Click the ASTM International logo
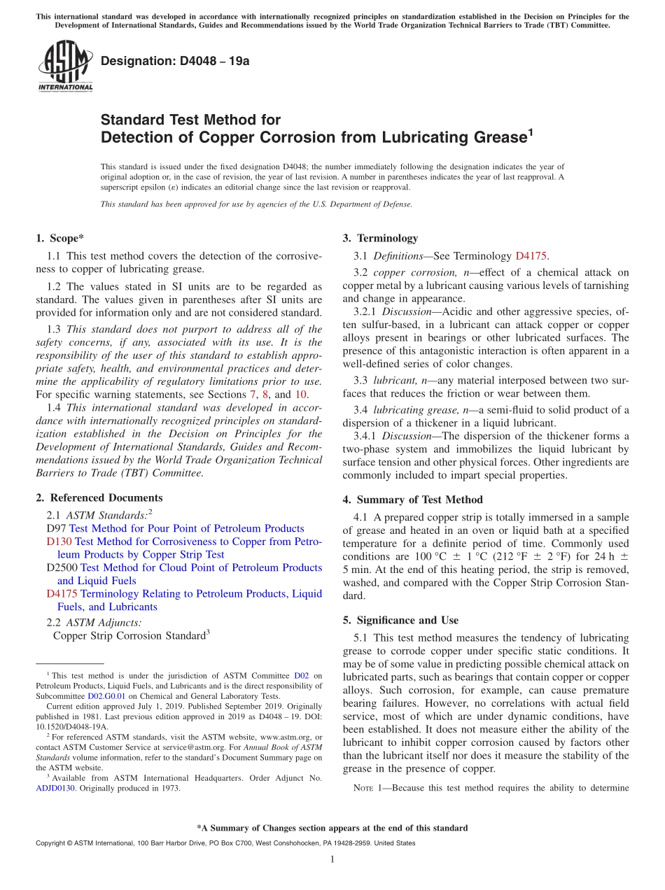point(65,66)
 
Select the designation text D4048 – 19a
point(175,61)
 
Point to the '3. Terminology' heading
point(379,238)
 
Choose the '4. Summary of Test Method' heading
point(412,500)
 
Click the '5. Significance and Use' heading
point(400,620)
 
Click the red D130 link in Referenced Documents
point(59,542)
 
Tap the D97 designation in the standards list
point(56,528)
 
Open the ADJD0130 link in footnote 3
point(57,788)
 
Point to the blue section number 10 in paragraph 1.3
point(300,395)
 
